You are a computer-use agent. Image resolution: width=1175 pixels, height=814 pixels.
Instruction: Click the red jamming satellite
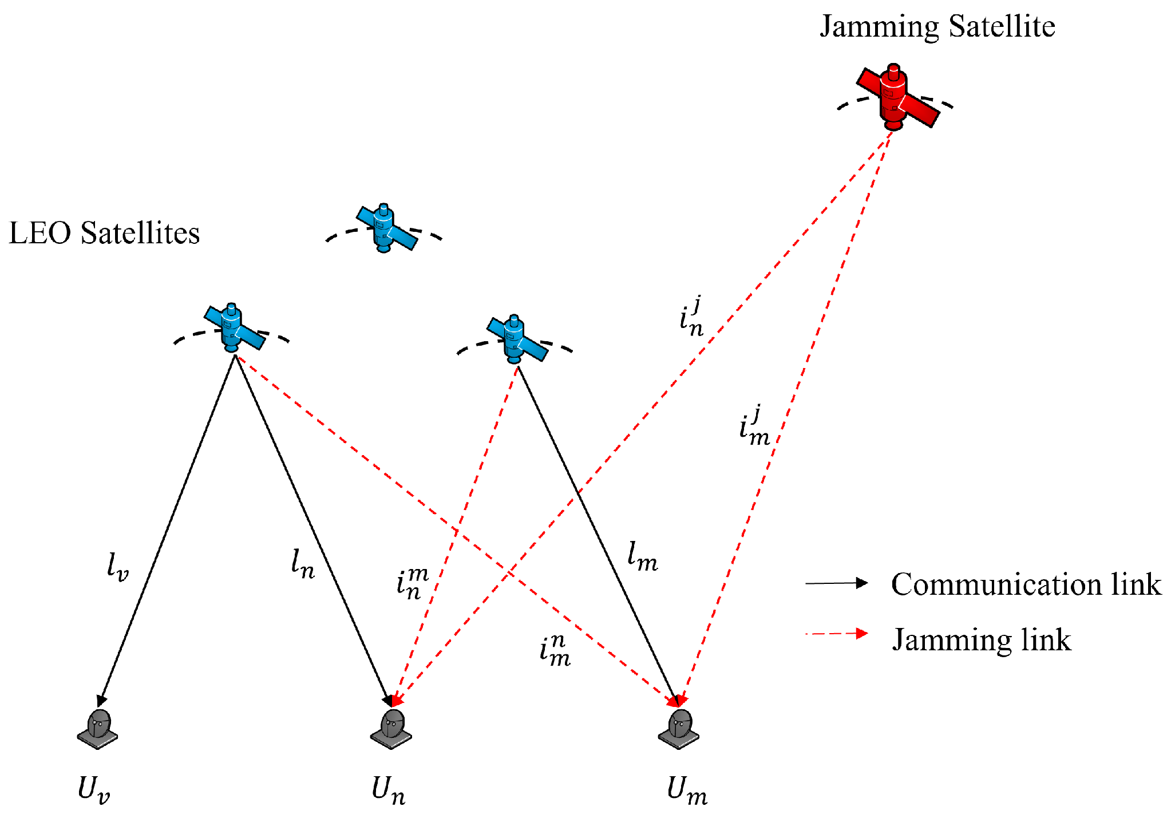tap(896, 97)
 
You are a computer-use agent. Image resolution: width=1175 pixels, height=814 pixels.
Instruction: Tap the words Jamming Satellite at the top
tap(937, 26)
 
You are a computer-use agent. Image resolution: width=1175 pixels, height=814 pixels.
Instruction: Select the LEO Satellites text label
tap(104, 233)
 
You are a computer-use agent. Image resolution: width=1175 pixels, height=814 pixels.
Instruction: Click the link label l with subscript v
tap(118, 567)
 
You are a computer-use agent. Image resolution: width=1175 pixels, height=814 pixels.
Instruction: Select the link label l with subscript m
tap(642, 556)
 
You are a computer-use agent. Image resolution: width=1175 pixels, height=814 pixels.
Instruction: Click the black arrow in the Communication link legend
tap(836, 583)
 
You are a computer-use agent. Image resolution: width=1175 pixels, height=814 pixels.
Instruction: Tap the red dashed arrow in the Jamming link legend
tap(836, 634)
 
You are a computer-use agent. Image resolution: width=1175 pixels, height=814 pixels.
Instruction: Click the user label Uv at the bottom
tap(93, 789)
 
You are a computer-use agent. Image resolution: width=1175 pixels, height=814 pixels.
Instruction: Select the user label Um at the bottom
tap(686, 789)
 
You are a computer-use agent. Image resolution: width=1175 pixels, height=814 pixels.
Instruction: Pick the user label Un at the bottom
tap(388, 789)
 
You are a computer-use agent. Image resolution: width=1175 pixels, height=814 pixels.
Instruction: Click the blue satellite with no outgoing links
tap(386, 228)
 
